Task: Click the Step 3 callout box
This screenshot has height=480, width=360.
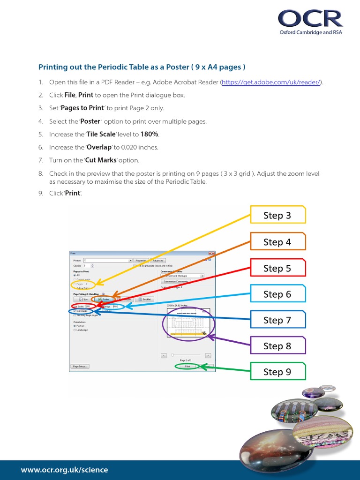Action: [277, 215]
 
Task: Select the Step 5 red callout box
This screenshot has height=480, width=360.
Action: [277, 268]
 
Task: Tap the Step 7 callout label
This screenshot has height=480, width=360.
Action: [277, 320]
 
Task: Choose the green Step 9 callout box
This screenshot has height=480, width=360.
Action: [277, 372]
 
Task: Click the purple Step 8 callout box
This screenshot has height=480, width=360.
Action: [277, 346]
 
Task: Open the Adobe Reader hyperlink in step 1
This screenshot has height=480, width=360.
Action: [271, 82]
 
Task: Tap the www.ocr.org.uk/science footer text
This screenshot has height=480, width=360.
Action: [64, 470]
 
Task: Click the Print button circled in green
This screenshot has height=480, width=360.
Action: [187, 367]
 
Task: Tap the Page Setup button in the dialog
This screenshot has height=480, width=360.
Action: [80, 367]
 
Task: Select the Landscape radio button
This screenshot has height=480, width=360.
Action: [75, 330]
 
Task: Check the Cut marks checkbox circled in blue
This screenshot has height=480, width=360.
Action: [75, 311]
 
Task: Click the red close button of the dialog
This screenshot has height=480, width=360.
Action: [212, 254]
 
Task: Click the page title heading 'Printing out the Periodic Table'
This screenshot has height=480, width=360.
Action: [142, 67]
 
